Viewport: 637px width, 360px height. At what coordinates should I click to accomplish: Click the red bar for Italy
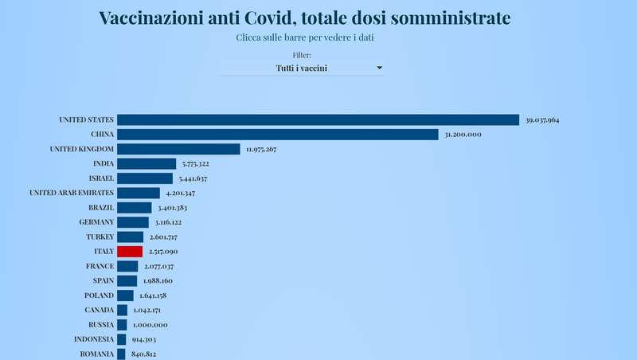[130, 251]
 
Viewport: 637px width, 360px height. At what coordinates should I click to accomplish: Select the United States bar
[318, 119]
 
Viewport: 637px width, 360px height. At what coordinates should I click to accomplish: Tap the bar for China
[278, 135]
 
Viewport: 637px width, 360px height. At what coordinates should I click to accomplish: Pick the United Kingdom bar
[178, 149]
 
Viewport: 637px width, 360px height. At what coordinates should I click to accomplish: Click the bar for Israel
[145, 178]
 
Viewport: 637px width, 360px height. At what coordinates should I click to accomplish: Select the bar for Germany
[133, 222]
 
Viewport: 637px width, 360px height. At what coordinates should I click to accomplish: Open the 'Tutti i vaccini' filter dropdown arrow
[379, 68]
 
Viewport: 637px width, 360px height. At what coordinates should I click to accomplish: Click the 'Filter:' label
[302, 55]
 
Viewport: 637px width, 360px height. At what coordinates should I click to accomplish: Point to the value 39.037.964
[543, 120]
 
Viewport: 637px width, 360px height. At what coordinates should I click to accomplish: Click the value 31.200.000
[463, 135]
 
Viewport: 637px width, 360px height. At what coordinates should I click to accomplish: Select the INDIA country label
[103, 163]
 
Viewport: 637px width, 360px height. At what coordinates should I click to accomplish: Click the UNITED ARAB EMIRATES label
[72, 193]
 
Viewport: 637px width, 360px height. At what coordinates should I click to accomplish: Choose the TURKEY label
[100, 237]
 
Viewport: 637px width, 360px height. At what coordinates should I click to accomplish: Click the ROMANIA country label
[97, 354]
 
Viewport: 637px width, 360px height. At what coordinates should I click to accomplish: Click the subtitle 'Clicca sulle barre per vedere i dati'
[306, 37]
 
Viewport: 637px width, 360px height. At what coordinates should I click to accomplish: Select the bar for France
[127, 266]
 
